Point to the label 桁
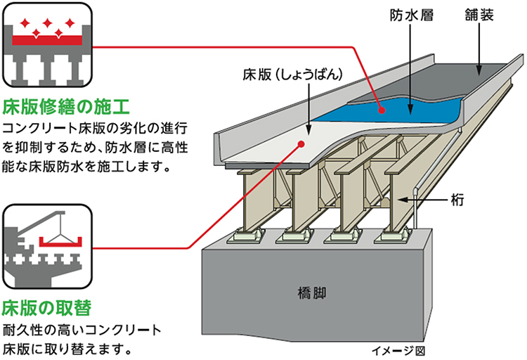pos(458,200)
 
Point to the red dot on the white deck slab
pos(301,143)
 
